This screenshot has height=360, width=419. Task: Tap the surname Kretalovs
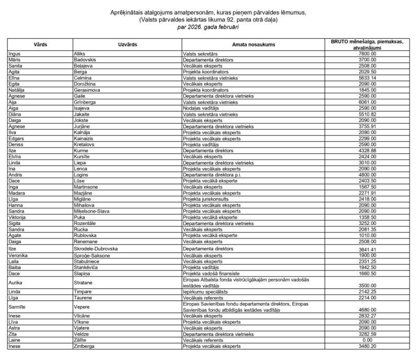point(85,144)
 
